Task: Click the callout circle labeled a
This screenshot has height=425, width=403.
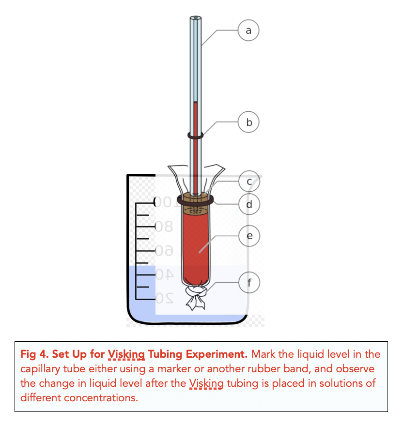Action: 249,30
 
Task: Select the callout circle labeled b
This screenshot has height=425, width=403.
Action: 249,122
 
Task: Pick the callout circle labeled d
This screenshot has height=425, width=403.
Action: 249,204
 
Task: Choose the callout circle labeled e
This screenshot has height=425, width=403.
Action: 249,236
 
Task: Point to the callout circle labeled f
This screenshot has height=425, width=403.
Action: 249,283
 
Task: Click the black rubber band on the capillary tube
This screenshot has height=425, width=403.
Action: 195,137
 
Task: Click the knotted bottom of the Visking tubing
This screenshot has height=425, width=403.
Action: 196,296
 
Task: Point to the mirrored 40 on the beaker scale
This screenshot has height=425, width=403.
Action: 164,274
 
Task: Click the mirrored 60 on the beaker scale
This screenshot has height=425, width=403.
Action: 164,250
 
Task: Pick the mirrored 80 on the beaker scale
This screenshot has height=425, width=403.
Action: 164,226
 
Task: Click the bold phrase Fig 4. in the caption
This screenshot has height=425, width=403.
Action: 33,354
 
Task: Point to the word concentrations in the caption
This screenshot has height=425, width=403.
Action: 93,399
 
